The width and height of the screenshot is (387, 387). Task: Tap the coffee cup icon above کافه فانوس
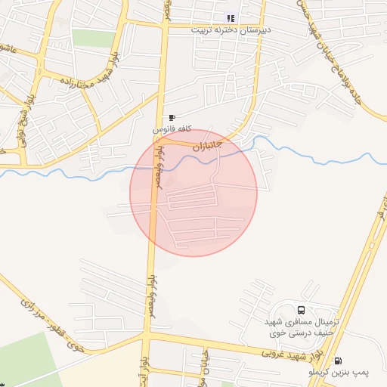(172, 118)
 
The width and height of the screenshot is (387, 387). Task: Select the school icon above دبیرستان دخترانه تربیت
(231, 18)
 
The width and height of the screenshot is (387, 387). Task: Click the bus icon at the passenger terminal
(302, 310)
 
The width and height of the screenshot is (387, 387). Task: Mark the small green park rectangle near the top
(93, 39)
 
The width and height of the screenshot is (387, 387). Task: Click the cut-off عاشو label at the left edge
(9, 49)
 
